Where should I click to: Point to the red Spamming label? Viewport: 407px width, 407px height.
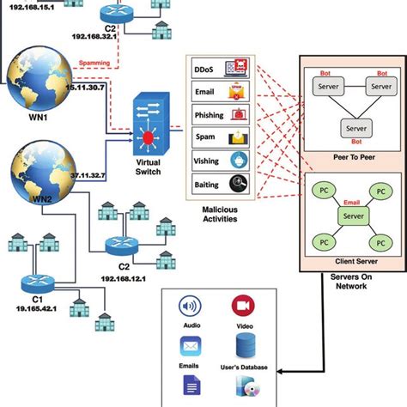click(x=94, y=62)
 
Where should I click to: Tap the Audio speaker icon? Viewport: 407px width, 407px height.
click(x=191, y=308)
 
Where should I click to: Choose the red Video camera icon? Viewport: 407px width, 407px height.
click(x=243, y=307)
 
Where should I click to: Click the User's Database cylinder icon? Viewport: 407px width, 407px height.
click(x=243, y=347)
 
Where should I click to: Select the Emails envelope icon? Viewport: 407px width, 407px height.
click(x=191, y=347)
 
